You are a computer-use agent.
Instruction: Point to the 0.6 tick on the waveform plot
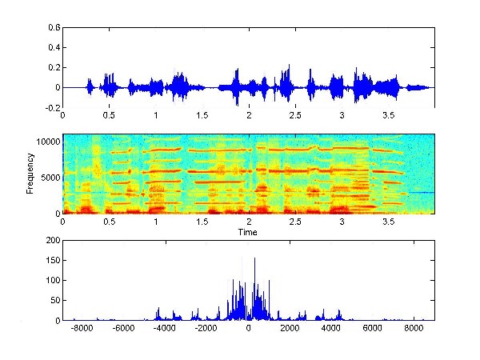[x=54, y=27]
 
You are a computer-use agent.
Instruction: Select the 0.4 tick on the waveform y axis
[x=54, y=47]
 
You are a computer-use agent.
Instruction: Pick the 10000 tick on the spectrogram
[x=47, y=141]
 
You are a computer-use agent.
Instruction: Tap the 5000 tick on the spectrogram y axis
[x=50, y=177]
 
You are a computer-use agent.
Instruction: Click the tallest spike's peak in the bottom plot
[x=254, y=258]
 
